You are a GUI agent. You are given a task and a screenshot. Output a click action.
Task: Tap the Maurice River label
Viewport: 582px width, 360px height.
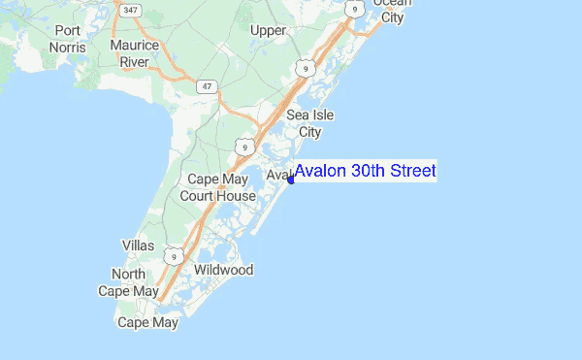(x=134, y=53)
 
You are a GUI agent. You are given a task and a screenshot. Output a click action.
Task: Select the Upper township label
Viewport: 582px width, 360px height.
(x=269, y=30)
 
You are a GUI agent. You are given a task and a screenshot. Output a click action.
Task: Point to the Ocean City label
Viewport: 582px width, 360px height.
(x=393, y=10)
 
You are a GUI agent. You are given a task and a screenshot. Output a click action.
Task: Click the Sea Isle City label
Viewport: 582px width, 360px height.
(x=309, y=123)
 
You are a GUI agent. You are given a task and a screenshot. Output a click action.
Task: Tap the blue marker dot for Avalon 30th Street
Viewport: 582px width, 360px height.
(x=291, y=180)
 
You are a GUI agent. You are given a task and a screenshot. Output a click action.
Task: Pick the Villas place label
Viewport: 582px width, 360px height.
(x=138, y=245)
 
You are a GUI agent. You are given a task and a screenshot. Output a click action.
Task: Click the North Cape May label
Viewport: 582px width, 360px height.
(x=128, y=282)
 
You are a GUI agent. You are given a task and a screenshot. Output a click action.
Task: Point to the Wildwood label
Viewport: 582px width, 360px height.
(x=223, y=269)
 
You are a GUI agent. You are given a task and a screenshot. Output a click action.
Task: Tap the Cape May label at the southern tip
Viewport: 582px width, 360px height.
(x=147, y=322)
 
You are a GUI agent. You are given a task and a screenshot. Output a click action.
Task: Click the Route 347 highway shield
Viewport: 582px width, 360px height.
(x=128, y=9)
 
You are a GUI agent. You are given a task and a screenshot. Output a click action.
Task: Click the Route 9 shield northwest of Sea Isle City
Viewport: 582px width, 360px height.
(x=306, y=70)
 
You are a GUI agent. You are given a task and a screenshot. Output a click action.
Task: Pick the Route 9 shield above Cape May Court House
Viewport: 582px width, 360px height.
(x=246, y=147)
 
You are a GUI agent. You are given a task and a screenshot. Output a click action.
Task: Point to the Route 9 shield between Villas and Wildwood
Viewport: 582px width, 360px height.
(x=174, y=255)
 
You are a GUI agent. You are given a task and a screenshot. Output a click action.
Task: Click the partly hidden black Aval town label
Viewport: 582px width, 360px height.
(x=278, y=175)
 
